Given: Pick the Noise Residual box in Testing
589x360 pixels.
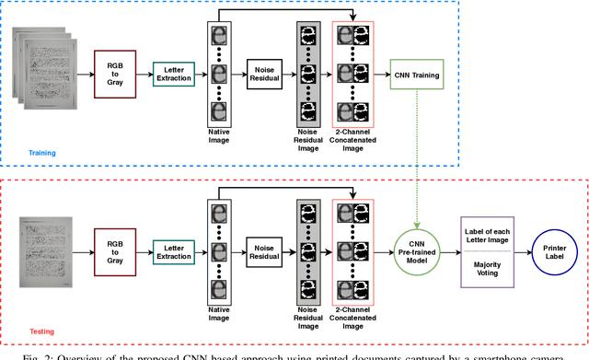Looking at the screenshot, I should pyautogui.click(x=264, y=250).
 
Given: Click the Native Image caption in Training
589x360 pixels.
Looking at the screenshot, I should pyautogui.click(x=220, y=137).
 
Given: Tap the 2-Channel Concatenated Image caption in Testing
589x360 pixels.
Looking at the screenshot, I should pyautogui.click(x=354, y=321).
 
